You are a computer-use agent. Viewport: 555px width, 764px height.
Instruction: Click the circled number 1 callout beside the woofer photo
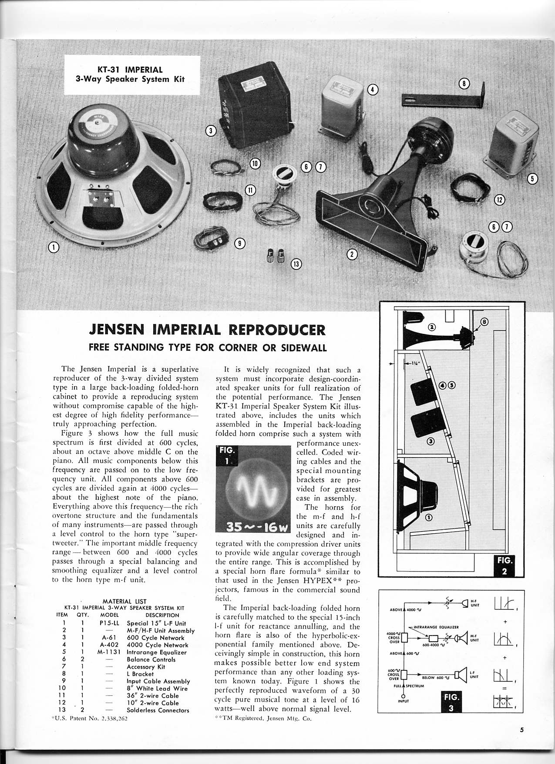[x=53, y=248]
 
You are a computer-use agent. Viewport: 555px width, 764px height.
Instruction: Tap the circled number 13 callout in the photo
[x=296, y=263]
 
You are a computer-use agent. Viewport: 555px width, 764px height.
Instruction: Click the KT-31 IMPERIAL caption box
[x=128, y=74]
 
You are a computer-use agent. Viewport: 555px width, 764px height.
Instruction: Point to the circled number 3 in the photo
[x=211, y=130]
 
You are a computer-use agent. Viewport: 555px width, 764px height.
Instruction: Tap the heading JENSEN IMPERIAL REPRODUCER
[x=207, y=330]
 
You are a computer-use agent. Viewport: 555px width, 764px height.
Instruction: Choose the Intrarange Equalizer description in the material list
[x=156, y=652]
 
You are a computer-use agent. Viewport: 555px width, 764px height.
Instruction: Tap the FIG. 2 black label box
[x=504, y=565]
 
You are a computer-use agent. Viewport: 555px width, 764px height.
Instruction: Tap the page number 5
[x=521, y=730]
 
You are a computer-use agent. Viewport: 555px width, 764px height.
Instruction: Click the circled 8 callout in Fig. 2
[x=485, y=322]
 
